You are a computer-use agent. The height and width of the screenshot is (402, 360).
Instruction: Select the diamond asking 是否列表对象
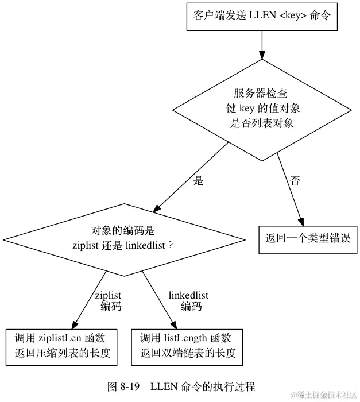[262, 109]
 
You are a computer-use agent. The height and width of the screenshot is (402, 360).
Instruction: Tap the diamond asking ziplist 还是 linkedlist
[124, 238]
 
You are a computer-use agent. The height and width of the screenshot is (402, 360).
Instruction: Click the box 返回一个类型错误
[308, 238]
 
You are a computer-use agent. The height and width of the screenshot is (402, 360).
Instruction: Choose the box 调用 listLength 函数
[187, 346]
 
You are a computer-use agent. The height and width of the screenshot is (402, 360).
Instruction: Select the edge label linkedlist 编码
[188, 301]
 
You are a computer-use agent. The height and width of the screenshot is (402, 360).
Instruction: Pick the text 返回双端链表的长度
[187, 353]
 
